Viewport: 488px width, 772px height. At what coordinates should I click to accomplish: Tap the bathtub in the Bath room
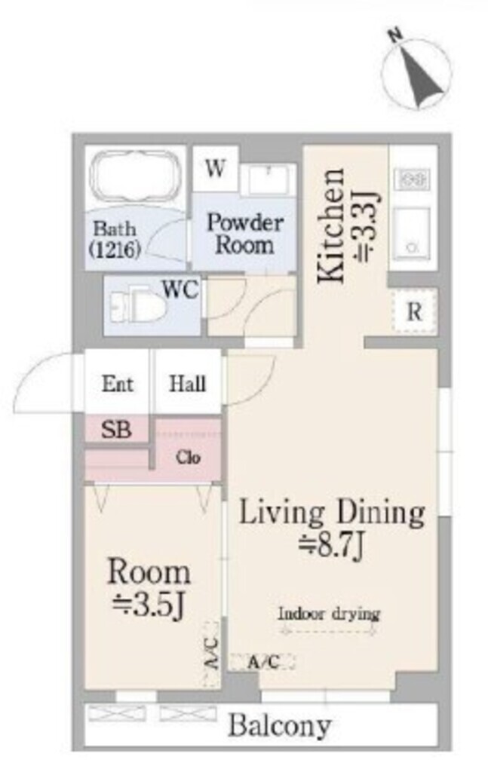tap(136, 176)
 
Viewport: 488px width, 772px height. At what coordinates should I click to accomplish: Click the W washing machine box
tap(216, 168)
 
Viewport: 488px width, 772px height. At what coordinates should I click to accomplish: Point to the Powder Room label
tap(244, 234)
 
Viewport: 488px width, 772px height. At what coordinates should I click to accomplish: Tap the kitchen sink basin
tap(413, 232)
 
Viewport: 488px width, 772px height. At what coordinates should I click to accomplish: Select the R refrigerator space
tap(415, 311)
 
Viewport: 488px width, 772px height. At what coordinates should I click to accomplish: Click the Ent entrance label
tap(117, 384)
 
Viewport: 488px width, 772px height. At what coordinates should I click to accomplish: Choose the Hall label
tap(187, 384)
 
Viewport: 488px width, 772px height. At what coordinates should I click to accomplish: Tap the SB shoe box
tap(116, 429)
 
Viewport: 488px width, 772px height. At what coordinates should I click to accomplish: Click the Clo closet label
tap(188, 458)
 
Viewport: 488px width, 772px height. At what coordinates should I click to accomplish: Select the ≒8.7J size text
tap(332, 545)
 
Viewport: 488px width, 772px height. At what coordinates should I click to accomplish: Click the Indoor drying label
tap(329, 614)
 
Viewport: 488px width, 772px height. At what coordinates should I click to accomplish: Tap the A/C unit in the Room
tap(211, 654)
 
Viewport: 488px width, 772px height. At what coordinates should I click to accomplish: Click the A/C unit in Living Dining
tap(262, 662)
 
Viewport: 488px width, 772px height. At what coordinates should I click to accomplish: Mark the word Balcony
tap(280, 725)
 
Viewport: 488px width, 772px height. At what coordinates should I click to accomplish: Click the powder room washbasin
tap(269, 179)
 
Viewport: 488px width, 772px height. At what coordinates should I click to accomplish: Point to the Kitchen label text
tap(330, 226)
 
